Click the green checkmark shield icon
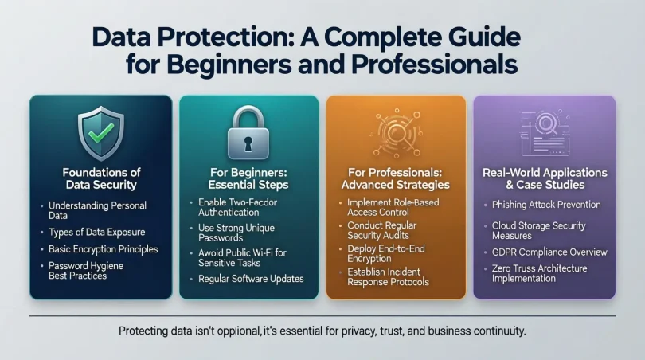(100, 131)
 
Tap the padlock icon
(249, 132)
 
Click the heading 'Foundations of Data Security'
(100, 178)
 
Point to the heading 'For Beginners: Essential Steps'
(249, 178)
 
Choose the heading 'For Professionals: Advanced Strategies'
(396, 178)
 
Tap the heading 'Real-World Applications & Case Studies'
(545, 178)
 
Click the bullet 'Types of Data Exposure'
(96, 233)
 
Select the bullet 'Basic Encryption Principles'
(104, 249)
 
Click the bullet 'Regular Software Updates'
(252, 279)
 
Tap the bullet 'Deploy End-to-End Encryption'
(386, 254)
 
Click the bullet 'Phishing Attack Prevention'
(546, 205)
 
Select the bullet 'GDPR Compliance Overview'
(549, 252)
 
